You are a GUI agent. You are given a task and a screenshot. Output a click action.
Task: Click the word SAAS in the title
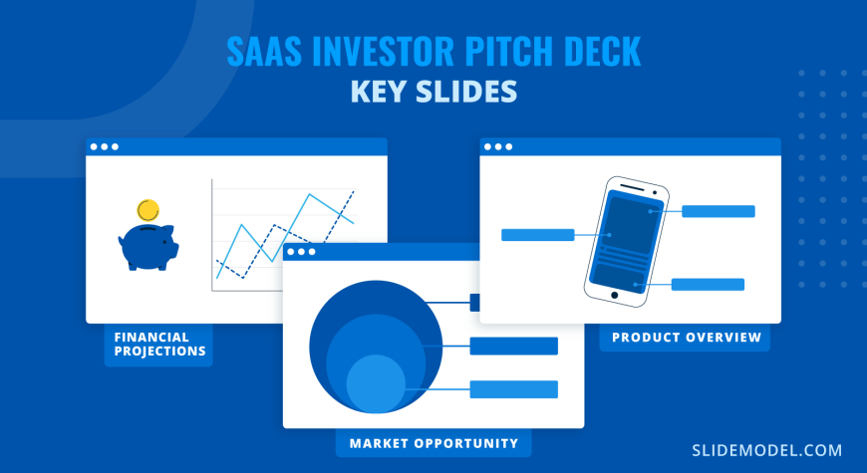(x=264, y=52)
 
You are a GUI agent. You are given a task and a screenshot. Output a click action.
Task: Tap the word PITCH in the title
(x=505, y=52)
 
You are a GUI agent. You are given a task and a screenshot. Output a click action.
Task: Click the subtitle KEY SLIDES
(x=434, y=92)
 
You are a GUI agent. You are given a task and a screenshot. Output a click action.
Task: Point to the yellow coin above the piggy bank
(x=148, y=210)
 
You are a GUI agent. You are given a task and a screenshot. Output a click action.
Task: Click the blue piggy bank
(x=148, y=246)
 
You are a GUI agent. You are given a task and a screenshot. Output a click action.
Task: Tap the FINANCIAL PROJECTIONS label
(x=159, y=345)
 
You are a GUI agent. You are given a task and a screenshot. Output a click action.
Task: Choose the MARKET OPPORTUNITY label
(x=434, y=443)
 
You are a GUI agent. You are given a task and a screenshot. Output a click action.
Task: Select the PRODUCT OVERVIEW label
(x=687, y=338)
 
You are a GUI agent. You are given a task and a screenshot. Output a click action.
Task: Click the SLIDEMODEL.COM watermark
(x=767, y=450)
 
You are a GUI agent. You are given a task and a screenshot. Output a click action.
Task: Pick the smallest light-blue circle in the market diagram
(x=376, y=383)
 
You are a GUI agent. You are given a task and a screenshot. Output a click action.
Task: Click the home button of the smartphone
(x=614, y=296)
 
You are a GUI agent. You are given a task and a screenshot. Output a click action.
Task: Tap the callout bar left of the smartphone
(x=538, y=235)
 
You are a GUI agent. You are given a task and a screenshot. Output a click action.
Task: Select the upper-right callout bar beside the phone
(x=719, y=211)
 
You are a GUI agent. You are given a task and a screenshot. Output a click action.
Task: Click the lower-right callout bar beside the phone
(x=708, y=285)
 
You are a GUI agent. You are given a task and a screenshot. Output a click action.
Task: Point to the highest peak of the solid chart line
(x=309, y=194)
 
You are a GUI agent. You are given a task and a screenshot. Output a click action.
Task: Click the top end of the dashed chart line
(x=354, y=190)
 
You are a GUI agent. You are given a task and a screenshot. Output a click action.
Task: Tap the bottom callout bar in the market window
(x=513, y=389)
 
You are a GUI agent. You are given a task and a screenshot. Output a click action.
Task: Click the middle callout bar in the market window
(x=513, y=346)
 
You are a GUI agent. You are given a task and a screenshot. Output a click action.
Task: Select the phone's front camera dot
(x=655, y=193)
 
